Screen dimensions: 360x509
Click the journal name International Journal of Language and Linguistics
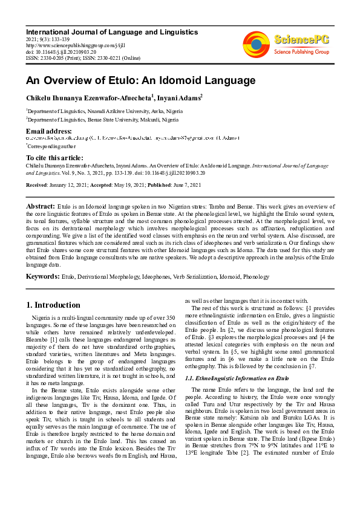(111, 31)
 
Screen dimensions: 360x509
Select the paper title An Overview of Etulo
(140, 80)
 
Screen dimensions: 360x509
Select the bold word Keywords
(42, 276)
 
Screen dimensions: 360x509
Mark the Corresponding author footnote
(52, 146)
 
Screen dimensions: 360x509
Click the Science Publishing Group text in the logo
(301, 52)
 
